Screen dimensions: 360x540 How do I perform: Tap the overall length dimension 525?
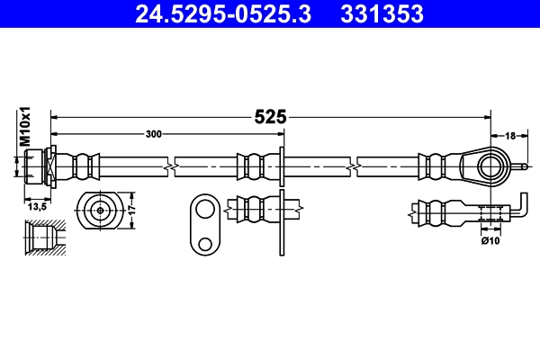coord(269,116)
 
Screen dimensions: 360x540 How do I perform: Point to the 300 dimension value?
coord(154,134)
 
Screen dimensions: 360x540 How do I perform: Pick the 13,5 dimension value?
coord(37,206)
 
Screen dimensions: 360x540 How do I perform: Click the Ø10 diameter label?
coord(490,240)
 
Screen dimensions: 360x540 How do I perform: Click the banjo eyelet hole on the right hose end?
coord(489,166)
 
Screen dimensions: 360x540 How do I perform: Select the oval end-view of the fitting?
coord(98,210)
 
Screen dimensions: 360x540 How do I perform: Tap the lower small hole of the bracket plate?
coord(205,243)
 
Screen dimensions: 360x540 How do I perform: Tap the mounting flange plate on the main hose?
coord(282,166)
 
